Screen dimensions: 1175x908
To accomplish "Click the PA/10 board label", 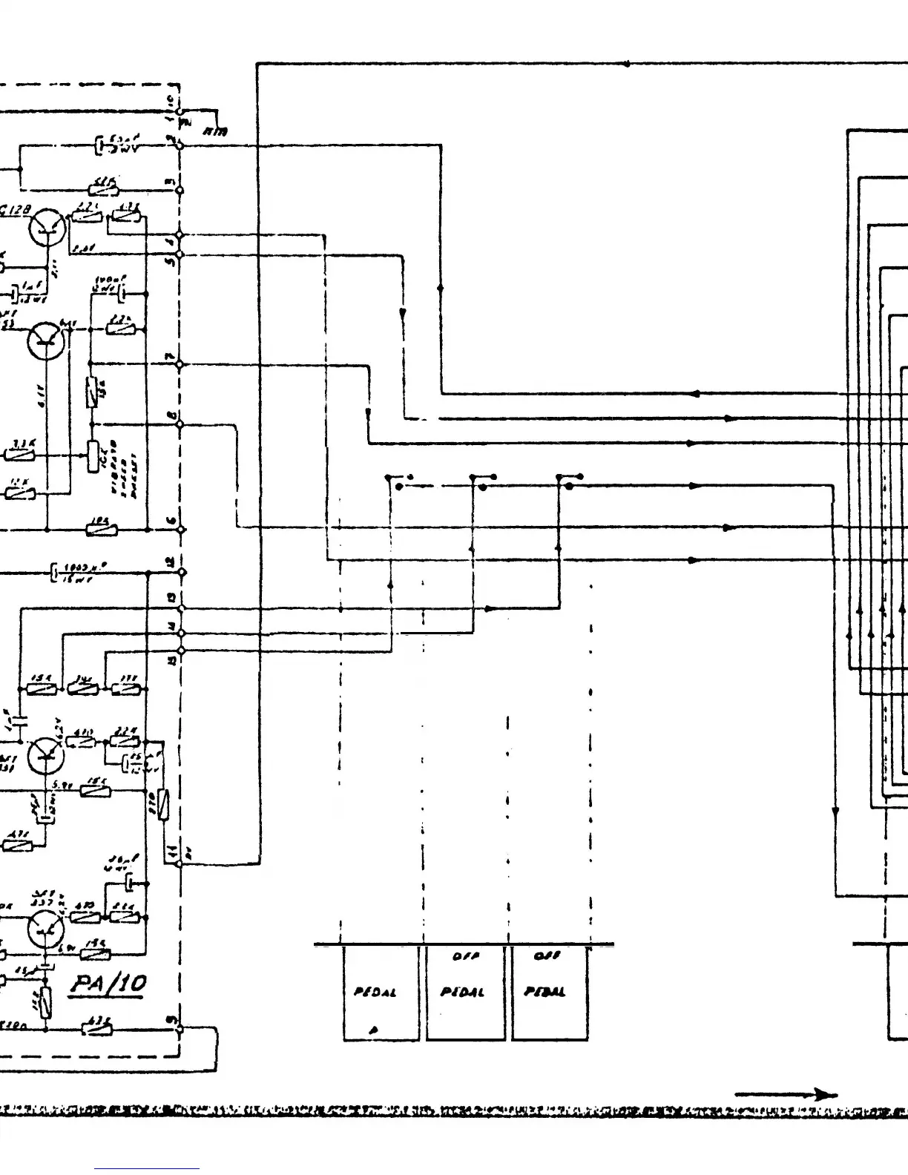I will pyautogui.click(x=109, y=985).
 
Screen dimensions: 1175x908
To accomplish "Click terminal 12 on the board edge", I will pyautogui.click(x=181, y=572).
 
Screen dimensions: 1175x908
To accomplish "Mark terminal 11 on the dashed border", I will pyautogui.click(x=180, y=863).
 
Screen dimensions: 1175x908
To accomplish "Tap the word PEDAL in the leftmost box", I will pyautogui.click(x=374, y=993).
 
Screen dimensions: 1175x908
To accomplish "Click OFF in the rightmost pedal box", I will pyautogui.click(x=547, y=957).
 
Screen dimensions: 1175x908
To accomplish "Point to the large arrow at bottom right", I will pyautogui.click(x=786, y=1094).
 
